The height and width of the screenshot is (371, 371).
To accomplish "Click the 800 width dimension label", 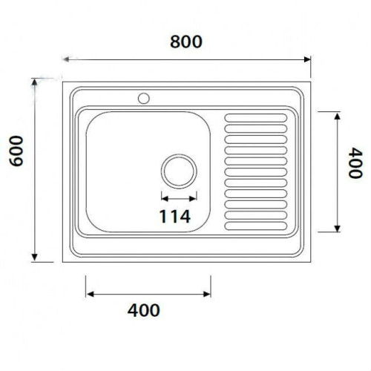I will point(185,42).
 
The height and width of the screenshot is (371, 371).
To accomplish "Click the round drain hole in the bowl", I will point(178,171).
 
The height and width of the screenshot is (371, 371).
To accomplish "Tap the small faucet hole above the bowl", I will point(143,97).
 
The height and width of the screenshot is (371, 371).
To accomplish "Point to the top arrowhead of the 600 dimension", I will point(35,79).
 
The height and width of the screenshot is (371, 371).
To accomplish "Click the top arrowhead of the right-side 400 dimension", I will point(338,114).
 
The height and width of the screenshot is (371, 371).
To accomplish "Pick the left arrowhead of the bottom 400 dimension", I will point(89,294).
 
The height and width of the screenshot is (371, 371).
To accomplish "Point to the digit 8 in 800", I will point(174,42).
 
